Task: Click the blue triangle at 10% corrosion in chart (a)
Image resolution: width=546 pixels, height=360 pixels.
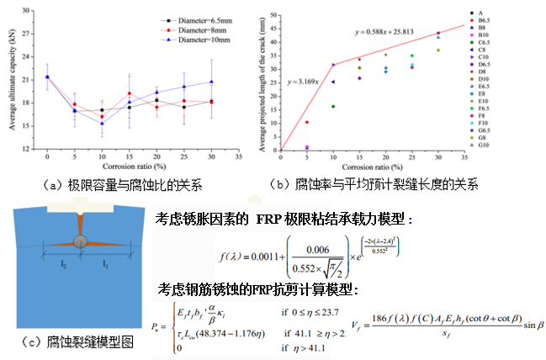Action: point(102,124)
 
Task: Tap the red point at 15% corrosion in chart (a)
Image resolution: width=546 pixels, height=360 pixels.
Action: point(129,93)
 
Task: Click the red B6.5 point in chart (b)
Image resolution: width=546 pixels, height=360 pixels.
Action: point(307,122)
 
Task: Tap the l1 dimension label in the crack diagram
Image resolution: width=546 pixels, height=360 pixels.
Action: point(107,264)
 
